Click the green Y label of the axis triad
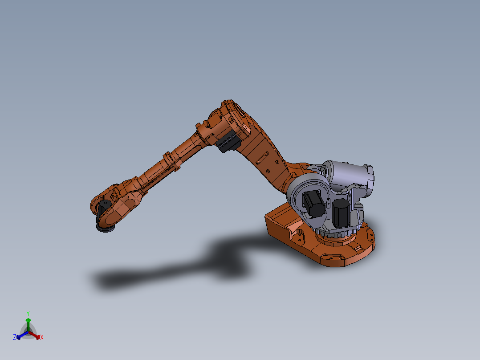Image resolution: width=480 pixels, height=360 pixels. [x=28, y=313]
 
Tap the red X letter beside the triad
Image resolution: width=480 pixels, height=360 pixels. [x=42, y=338]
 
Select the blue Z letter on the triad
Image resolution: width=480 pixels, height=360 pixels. [x=15, y=337]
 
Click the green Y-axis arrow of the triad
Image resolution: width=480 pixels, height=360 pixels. [x=28, y=323]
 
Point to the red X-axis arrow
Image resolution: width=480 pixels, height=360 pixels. [x=36, y=335]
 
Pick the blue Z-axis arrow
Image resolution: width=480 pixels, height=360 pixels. [x=20, y=335]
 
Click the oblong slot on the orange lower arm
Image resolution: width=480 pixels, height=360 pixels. [x=261, y=157]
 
